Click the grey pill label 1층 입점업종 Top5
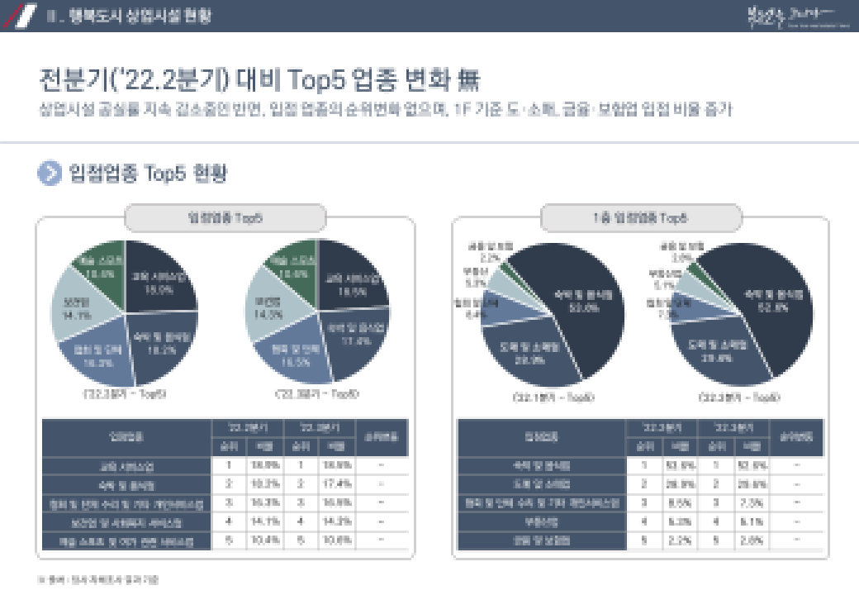pyautogui.click(x=641, y=218)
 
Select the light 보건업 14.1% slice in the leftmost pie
pyautogui.click(x=81, y=313)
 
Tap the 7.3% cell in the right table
pyautogui.click(x=747, y=502)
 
